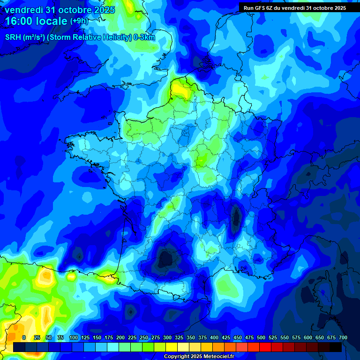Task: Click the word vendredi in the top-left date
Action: click(x=23, y=10)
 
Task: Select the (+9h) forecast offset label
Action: click(x=79, y=21)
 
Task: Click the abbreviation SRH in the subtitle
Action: click(x=13, y=37)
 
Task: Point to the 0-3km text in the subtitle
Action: click(x=144, y=37)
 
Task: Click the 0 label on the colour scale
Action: click(x=24, y=337)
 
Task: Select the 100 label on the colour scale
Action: click(x=73, y=337)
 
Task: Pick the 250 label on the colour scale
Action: click(x=144, y=337)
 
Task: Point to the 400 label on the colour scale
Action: click(x=214, y=337)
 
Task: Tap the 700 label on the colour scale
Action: click(x=343, y=337)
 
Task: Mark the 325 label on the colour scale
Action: click(x=179, y=337)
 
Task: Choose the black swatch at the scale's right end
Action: click(x=336, y=347)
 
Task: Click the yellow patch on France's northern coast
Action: click(x=178, y=88)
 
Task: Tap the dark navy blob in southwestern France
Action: click(x=165, y=257)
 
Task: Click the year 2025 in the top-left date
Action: click(x=104, y=10)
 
